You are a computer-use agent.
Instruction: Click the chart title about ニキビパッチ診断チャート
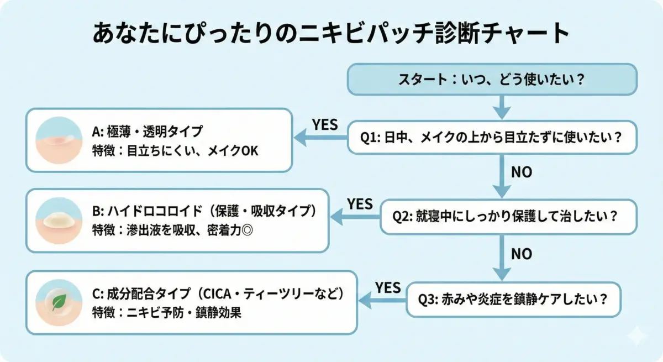(x=330, y=34)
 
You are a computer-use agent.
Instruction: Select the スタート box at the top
(x=492, y=80)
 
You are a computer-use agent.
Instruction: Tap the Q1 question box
(x=492, y=138)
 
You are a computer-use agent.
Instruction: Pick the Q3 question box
(x=513, y=300)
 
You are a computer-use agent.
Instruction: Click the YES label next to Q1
(x=325, y=125)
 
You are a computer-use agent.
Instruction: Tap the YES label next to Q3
(x=388, y=287)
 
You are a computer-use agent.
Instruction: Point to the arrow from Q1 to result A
(x=321, y=138)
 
